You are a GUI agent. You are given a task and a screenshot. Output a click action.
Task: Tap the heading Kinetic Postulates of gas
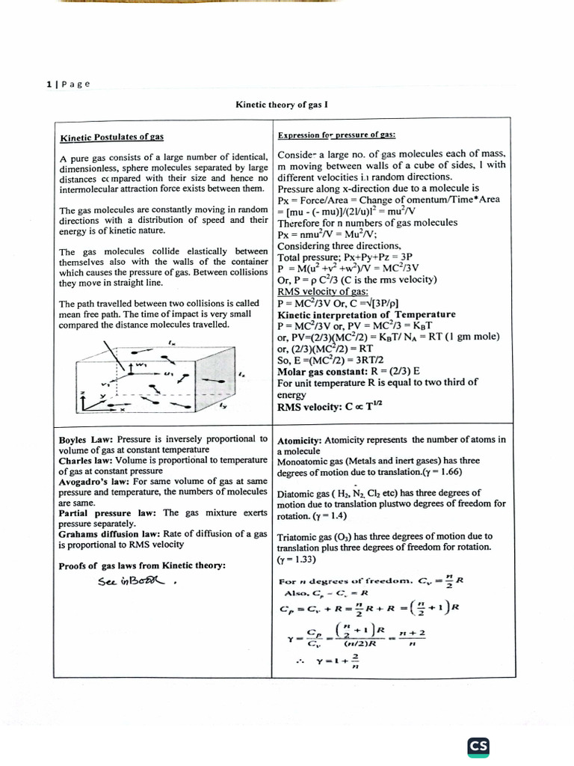[x=111, y=138]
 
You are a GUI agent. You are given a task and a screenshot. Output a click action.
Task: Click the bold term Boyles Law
[x=82, y=439]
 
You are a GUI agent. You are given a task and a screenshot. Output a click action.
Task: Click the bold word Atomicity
[x=299, y=440]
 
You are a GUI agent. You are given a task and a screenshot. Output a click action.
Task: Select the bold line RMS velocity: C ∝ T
[x=330, y=407]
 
